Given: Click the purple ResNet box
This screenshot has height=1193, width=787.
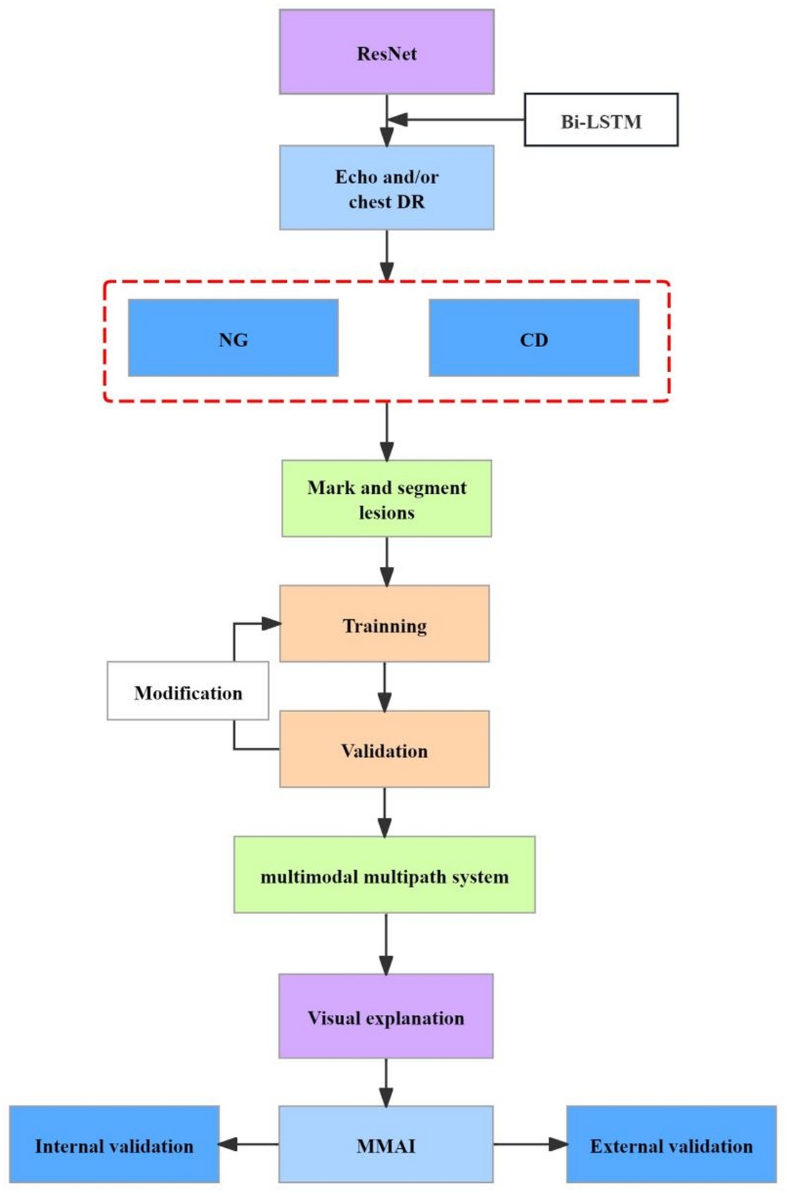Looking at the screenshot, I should coord(386,52).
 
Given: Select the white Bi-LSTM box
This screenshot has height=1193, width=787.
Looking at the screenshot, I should coord(601,120).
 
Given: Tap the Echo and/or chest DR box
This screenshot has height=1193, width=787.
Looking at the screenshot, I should coord(386,188).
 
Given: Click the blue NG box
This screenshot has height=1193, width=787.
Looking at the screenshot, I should coord(233,339).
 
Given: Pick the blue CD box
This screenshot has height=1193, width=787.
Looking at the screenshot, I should coord(534,339).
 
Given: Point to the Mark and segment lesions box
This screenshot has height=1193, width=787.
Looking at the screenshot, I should coord(386,499).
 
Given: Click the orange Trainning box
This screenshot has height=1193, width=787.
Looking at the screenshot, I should coord(384,624).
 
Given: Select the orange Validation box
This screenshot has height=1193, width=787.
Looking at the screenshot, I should coord(384,749).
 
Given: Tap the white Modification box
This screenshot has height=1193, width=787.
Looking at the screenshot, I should coord(188,691).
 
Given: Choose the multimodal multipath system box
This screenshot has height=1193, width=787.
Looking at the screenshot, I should coord(384,875).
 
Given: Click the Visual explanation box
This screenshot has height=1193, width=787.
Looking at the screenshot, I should coord(386,1016).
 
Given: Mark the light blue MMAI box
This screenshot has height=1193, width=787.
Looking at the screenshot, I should coord(386,1144).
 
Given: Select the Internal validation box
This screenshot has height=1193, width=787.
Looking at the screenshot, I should coord(114,1144).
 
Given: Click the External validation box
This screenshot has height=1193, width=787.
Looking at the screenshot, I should coord(671,1144).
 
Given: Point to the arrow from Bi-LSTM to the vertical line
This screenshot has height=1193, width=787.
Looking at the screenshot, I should coord(458,120).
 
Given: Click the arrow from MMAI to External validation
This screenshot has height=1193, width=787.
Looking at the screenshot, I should coord(529,1144).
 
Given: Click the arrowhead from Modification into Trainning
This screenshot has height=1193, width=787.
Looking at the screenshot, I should coord(270,623).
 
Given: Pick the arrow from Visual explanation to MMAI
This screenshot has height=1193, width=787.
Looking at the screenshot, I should coord(386,1081).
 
